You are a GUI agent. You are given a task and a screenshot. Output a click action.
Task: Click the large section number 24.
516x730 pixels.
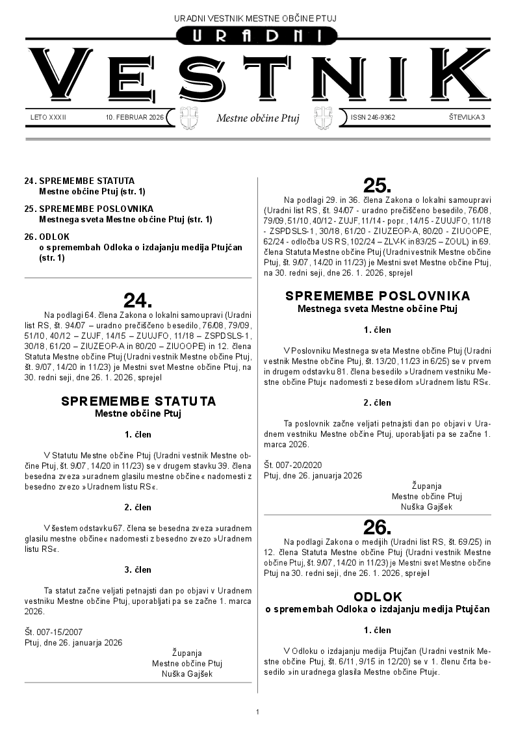pyautogui.click(x=138, y=300)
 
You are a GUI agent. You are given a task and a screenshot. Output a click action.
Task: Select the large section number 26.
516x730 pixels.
pyautogui.click(x=377, y=527)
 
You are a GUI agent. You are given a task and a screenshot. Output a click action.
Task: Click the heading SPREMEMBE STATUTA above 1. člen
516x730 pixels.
pyautogui.click(x=138, y=401)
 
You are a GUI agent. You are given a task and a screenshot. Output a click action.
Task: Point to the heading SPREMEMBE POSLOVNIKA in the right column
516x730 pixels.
pyautogui.click(x=378, y=296)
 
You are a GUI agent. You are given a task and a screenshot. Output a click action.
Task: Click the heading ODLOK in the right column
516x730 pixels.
pyautogui.click(x=378, y=596)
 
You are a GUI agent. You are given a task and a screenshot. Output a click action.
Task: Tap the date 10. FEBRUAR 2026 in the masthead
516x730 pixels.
pyautogui.click(x=135, y=118)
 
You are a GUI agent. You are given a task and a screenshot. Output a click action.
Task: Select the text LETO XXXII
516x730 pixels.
pyautogui.click(x=49, y=118)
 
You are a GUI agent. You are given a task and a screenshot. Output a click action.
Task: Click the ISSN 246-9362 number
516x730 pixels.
pyautogui.click(x=373, y=118)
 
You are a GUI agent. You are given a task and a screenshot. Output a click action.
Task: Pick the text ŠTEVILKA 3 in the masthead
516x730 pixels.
pyautogui.click(x=467, y=118)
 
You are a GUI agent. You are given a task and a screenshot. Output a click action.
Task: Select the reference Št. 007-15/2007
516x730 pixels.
pyautogui.click(x=53, y=631)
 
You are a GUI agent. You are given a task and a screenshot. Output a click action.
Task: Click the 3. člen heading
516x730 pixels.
pyautogui.click(x=138, y=569)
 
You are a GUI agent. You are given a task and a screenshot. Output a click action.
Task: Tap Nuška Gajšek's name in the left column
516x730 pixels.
pyautogui.click(x=187, y=674)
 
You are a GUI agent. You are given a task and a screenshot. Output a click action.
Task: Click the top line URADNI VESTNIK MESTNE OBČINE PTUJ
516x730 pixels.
pyautogui.click(x=258, y=18)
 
